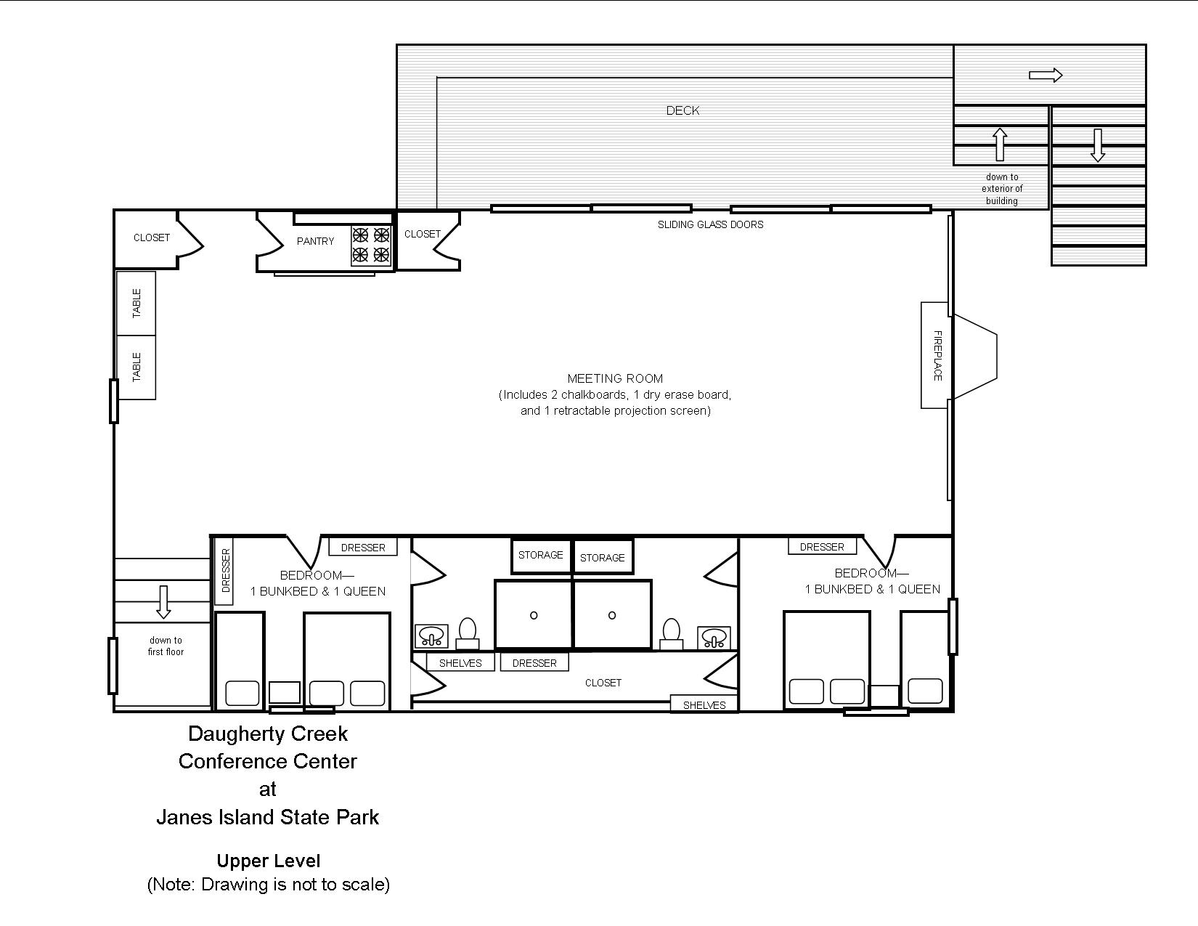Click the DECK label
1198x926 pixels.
coord(682,110)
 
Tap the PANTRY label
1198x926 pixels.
coord(315,241)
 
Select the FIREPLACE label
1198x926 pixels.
coord(937,356)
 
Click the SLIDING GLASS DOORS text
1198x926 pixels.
coord(710,224)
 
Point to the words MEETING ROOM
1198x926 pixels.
coord(615,378)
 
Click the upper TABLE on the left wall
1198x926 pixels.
coord(136,304)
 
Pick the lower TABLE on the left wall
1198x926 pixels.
coord(136,367)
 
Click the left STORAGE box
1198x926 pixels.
coord(541,556)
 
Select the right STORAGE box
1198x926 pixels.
coord(603,557)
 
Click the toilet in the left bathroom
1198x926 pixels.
coord(468,633)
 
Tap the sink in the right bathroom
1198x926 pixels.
coord(714,638)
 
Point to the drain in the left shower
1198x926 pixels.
coord(534,615)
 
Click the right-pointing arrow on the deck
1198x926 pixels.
coord(1046,75)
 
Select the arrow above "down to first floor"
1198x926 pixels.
coord(163,602)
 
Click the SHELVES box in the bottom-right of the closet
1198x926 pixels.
coord(704,704)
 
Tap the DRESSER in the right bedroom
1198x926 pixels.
coord(822,547)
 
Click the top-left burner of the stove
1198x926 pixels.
coord(360,235)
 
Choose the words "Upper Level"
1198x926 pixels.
coord(269,861)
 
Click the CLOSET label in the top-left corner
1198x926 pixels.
coord(152,237)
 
